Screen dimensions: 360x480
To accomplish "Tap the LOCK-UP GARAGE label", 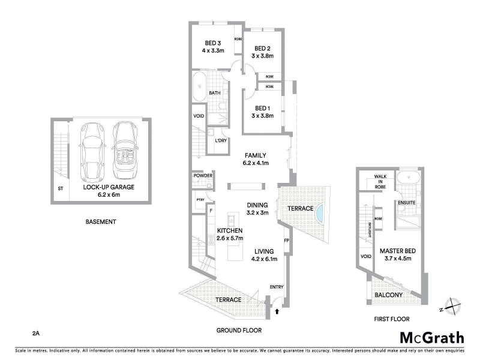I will point(109,187).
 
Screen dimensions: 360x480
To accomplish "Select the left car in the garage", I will point(93,149).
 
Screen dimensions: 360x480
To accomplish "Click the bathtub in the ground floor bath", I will point(199,89).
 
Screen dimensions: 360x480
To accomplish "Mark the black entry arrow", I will point(277,311).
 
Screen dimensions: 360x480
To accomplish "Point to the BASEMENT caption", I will point(100,222).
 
